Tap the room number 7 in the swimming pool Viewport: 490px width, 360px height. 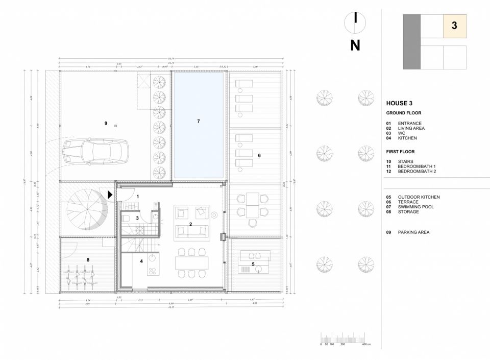coord(198,121)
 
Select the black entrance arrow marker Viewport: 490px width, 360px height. coord(110,195)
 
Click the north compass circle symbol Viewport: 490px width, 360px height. coord(355,20)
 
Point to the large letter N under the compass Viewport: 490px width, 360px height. coord(355,45)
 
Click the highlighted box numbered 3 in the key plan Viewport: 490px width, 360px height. coord(454,26)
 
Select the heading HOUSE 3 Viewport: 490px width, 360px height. coord(399,103)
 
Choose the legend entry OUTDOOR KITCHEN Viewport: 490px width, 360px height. coord(418,197)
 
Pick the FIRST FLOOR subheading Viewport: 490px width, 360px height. coord(400,152)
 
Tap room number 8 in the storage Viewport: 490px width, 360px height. coord(88,260)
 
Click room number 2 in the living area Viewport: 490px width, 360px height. coord(190,224)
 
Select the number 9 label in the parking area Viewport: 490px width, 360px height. coord(106,123)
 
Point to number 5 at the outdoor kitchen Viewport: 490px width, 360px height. coord(253,264)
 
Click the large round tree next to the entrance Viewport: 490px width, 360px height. coord(87,209)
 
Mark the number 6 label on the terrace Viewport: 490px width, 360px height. coord(259,155)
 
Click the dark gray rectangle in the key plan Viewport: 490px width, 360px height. coord(411,42)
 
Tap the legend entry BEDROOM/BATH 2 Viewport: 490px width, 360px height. coord(416,172)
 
